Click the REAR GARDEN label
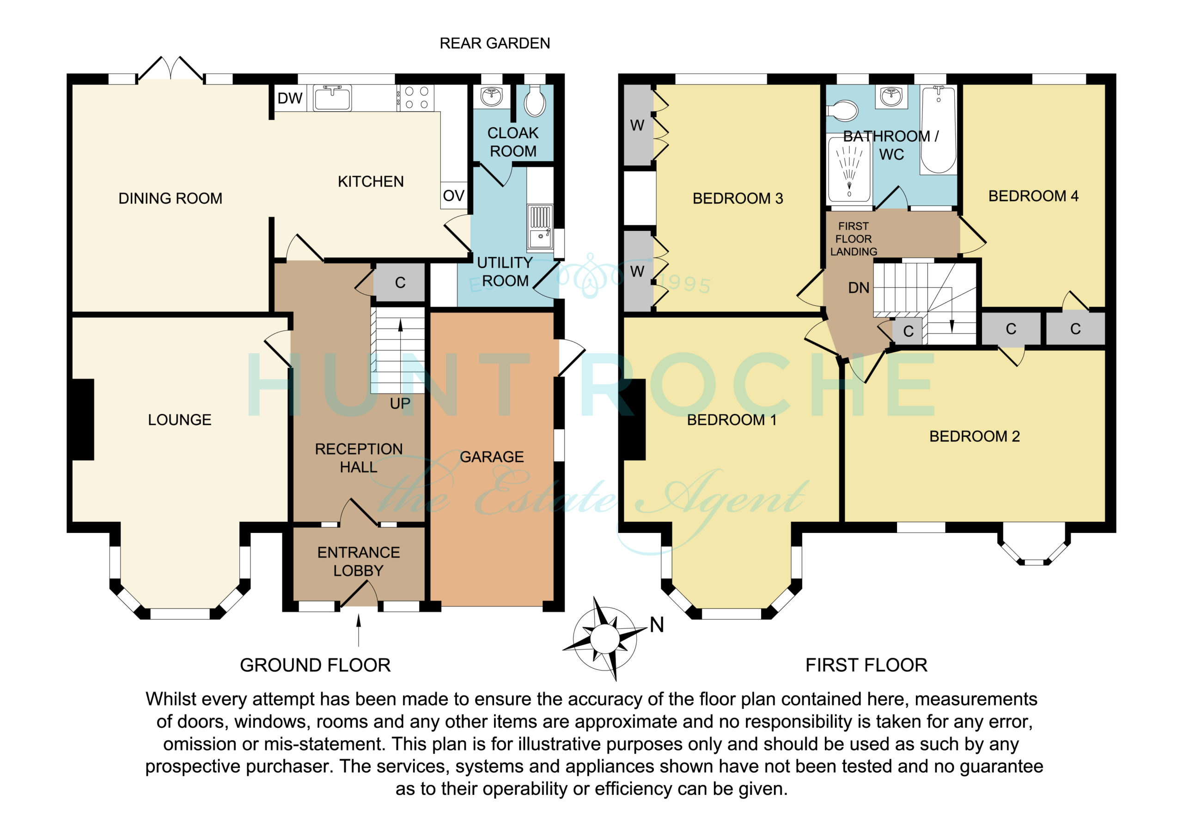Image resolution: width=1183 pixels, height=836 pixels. pyautogui.click(x=494, y=43)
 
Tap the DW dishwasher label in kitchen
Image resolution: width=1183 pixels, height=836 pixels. pyautogui.click(x=290, y=98)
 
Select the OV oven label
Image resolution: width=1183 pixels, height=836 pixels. pyautogui.click(x=453, y=196)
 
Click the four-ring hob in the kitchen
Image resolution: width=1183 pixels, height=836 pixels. pyautogui.click(x=416, y=97)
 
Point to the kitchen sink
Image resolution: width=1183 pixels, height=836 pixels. pyautogui.click(x=332, y=98)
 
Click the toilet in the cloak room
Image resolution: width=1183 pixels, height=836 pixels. pyautogui.click(x=535, y=102)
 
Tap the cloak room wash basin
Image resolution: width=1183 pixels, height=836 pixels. pyautogui.click(x=492, y=96)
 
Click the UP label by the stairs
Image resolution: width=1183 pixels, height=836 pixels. pyautogui.click(x=400, y=403)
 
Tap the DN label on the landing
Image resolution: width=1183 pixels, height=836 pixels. pyautogui.click(x=859, y=288)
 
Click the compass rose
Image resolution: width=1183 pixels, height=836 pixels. pyautogui.click(x=604, y=639)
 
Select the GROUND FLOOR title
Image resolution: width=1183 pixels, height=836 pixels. pyautogui.click(x=315, y=665)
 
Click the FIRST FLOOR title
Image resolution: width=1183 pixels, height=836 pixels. pyautogui.click(x=866, y=665)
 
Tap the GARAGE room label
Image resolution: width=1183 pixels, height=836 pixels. pyautogui.click(x=492, y=457)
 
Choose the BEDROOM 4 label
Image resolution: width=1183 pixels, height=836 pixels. pyautogui.click(x=1033, y=196)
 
